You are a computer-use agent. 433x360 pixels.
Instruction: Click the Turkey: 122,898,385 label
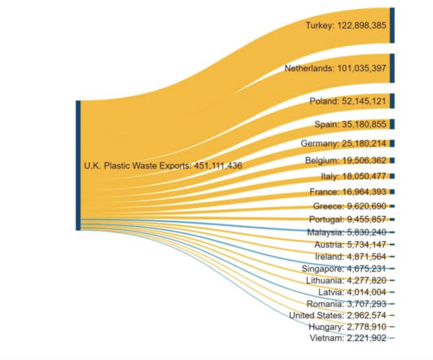point(346,25)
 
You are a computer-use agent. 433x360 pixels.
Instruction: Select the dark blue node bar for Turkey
point(392,25)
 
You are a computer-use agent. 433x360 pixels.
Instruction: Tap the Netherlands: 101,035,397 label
point(335,68)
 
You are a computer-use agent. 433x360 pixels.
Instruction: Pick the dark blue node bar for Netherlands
point(392,68)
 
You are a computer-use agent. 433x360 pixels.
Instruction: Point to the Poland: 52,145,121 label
point(348,101)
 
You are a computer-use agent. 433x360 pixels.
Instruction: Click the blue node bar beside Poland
point(392,101)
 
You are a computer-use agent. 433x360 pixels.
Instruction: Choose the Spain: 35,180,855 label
point(350,124)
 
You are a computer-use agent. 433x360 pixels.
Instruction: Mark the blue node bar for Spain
point(392,124)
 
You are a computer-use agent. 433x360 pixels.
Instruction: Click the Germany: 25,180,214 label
point(343,143)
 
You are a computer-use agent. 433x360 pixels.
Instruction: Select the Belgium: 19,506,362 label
point(346,160)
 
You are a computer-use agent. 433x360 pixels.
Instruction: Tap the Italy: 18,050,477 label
point(353,176)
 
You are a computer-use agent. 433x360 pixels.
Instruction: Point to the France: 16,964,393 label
point(348,192)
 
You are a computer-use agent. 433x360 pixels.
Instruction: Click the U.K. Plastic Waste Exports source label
point(163,166)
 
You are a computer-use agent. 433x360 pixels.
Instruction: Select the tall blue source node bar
point(78,166)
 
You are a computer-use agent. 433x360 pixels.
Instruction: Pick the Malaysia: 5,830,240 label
point(347,232)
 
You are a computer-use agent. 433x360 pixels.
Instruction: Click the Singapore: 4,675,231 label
point(344,268)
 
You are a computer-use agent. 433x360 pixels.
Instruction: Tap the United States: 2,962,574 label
point(338,315)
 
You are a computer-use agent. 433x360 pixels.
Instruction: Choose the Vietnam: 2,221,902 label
point(348,338)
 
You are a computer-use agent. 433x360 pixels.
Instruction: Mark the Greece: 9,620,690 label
point(350,206)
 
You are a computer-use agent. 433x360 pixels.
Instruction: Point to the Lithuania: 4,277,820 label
point(346,280)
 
